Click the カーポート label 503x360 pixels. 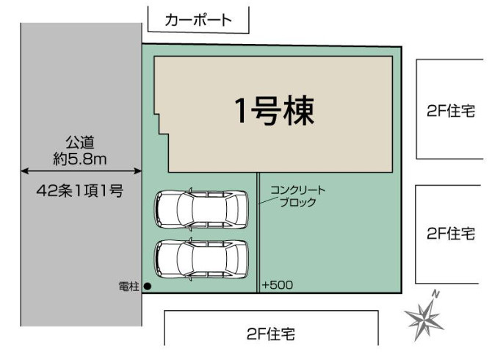199,20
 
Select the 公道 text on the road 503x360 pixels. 81,141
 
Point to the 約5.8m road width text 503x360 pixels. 81,156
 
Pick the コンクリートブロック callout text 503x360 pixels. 297,196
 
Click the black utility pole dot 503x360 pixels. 148,286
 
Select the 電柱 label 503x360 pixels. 129,286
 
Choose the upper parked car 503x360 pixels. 200,208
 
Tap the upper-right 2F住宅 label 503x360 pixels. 450,111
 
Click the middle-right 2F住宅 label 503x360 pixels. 450,234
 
